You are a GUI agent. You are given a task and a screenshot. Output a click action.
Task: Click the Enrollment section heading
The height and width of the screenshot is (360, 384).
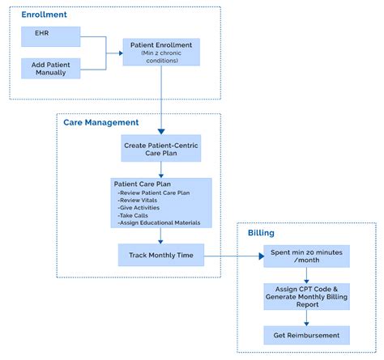tap(45, 15)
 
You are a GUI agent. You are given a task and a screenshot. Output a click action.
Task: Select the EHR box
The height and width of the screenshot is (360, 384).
tap(50, 36)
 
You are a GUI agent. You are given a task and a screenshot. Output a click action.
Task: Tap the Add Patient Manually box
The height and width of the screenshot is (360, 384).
tap(50, 68)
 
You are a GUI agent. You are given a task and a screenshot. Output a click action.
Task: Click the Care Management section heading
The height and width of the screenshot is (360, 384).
tap(101, 122)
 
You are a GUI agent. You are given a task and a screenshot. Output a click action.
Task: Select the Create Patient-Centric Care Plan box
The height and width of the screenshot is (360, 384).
tap(160, 148)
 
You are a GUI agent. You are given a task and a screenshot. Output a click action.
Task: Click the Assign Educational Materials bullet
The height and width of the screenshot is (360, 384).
tap(158, 223)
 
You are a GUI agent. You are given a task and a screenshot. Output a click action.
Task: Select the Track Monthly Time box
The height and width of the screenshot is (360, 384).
tap(160, 256)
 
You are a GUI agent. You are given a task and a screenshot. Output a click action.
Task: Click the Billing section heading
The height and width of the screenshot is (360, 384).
tap(260, 233)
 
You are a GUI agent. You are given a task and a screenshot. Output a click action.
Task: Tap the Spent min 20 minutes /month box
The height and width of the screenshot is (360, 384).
tap(305, 256)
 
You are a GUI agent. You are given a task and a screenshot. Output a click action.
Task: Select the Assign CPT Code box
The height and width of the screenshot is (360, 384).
tap(305, 296)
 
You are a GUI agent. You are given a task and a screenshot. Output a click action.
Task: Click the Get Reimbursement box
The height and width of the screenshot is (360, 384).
tap(305, 333)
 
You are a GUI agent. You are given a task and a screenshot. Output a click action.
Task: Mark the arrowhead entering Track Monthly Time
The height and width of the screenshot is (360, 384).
tap(160, 242)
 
